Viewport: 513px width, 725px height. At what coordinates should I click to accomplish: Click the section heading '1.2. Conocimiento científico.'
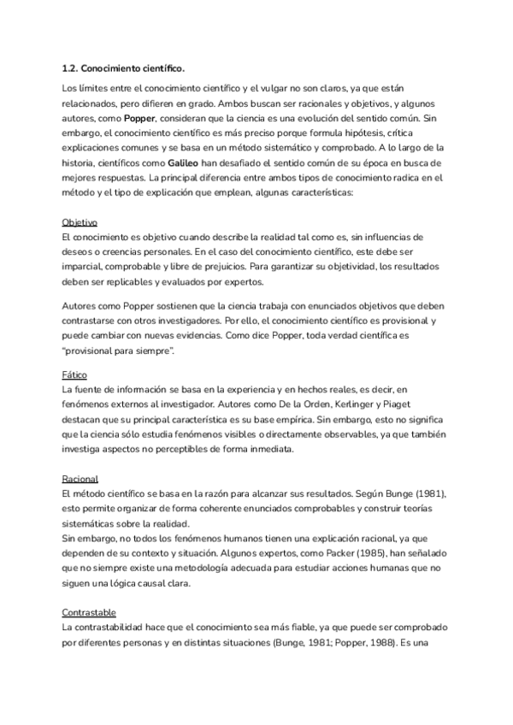pyautogui.click(x=123, y=68)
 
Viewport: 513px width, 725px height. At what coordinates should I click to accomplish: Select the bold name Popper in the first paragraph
pyautogui.click(x=139, y=118)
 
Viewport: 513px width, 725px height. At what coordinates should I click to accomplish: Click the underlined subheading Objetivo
pyautogui.click(x=80, y=221)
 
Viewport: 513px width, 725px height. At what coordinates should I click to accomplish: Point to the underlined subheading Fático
pyautogui.click(x=76, y=375)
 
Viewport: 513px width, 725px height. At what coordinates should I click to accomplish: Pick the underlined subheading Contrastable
pyautogui.click(x=91, y=613)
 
